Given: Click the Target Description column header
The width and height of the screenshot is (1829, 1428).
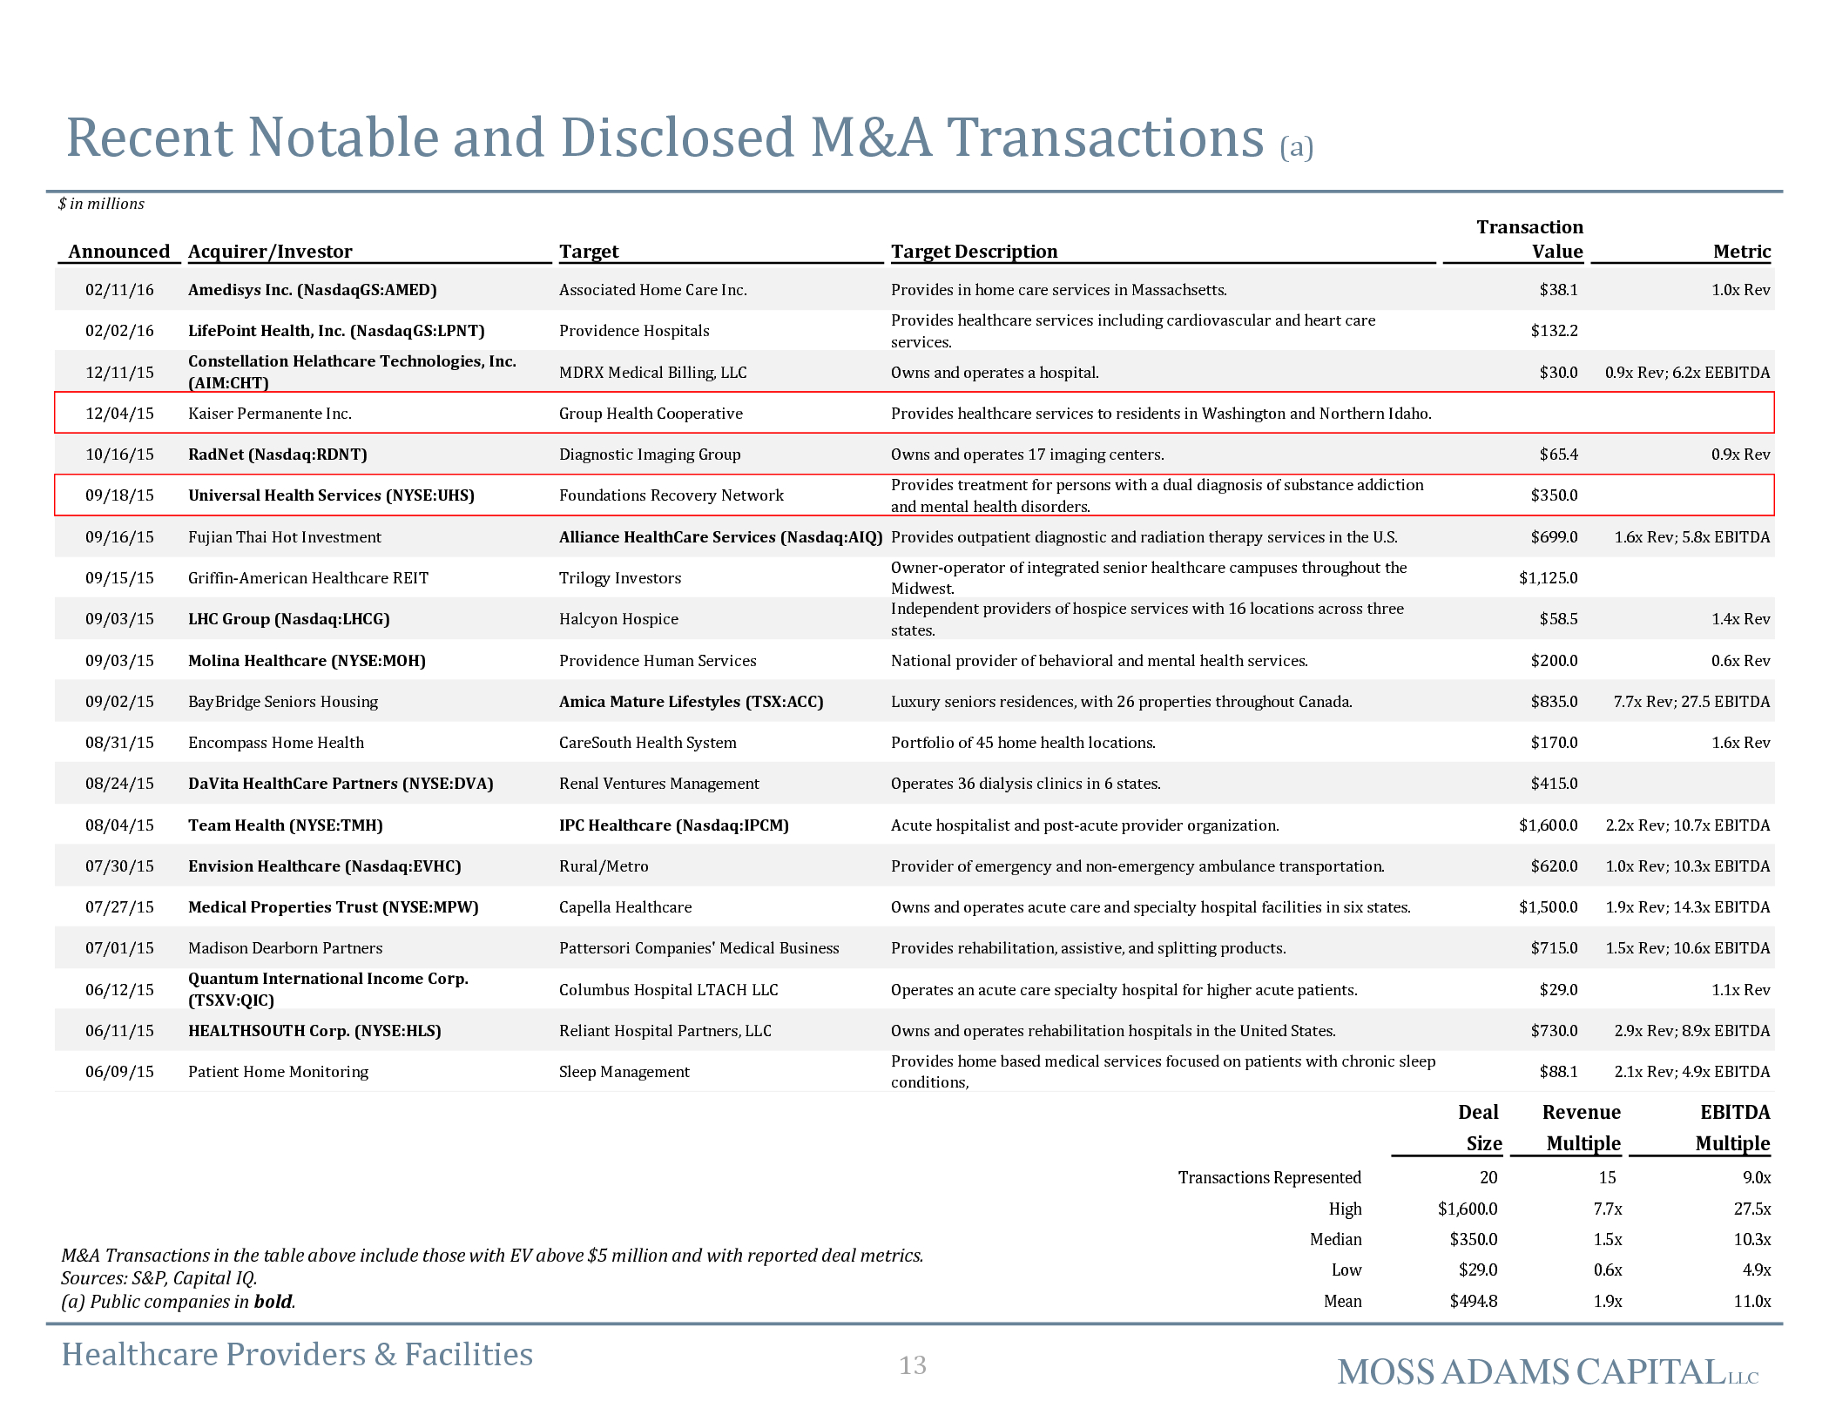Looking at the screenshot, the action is pyautogui.click(x=974, y=252).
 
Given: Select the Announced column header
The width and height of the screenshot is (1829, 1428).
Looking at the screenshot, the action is pyautogui.click(x=119, y=252).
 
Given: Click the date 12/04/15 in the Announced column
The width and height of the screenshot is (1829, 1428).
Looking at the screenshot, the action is pyautogui.click(x=119, y=414).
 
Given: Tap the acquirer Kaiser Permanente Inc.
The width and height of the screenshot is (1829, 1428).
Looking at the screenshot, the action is pyautogui.click(x=270, y=414).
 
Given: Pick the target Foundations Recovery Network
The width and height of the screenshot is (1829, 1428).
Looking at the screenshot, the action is pyautogui.click(x=672, y=495).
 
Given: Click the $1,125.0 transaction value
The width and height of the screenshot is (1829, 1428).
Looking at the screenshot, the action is pyautogui.click(x=1548, y=578).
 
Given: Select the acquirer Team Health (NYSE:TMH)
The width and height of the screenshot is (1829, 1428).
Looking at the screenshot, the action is pyautogui.click(x=286, y=825).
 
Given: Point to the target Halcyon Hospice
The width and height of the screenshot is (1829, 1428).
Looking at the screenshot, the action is pyautogui.click(x=618, y=619).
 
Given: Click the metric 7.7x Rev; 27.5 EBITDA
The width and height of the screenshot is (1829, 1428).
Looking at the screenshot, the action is pyautogui.click(x=1691, y=702).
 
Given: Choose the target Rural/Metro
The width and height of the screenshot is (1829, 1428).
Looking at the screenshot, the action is pyautogui.click(x=604, y=866).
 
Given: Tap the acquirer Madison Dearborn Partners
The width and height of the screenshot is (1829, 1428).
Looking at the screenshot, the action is pyautogui.click(x=286, y=948).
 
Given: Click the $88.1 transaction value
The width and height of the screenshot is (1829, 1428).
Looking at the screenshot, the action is pyautogui.click(x=1558, y=1072).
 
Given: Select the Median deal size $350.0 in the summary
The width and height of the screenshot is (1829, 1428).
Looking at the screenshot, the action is pyautogui.click(x=1474, y=1240).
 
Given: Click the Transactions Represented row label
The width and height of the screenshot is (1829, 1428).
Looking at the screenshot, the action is pyautogui.click(x=1269, y=1178).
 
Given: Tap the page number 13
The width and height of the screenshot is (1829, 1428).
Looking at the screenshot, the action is pyautogui.click(x=913, y=1365).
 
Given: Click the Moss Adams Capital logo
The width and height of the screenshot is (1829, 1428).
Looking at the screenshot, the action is pyautogui.click(x=1548, y=1372).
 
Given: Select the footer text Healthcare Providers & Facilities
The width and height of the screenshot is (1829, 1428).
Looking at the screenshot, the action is pyautogui.click(x=297, y=1355).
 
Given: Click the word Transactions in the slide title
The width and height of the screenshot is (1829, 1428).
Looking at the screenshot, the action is pyautogui.click(x=1105, y=138).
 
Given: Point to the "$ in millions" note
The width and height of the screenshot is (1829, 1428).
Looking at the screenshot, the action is pyautogui.click(x=101, y=204).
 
